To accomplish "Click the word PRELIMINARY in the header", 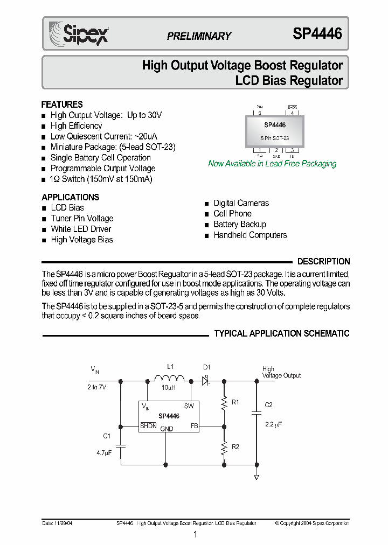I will coord(199,36).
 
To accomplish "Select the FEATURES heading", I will coord(62,104).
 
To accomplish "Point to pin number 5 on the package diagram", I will coord(259,113).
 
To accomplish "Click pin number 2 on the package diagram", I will coord(276,150).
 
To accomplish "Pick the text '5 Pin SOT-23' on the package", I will coord(275,138).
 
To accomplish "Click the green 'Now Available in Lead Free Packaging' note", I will coord(272,164).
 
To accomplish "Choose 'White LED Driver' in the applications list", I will coord(81,229).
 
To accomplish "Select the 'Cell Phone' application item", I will coord(232,214).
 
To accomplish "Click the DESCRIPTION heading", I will coord(323,262).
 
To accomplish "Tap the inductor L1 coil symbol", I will coord(169,379).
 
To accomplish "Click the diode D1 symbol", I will coord(206,381).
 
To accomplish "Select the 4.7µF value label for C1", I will coord(104,453).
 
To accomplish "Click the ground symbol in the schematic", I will coord(257,477).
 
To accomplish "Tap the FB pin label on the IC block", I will coord(195,425).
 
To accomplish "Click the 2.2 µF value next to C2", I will coord(274,424).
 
